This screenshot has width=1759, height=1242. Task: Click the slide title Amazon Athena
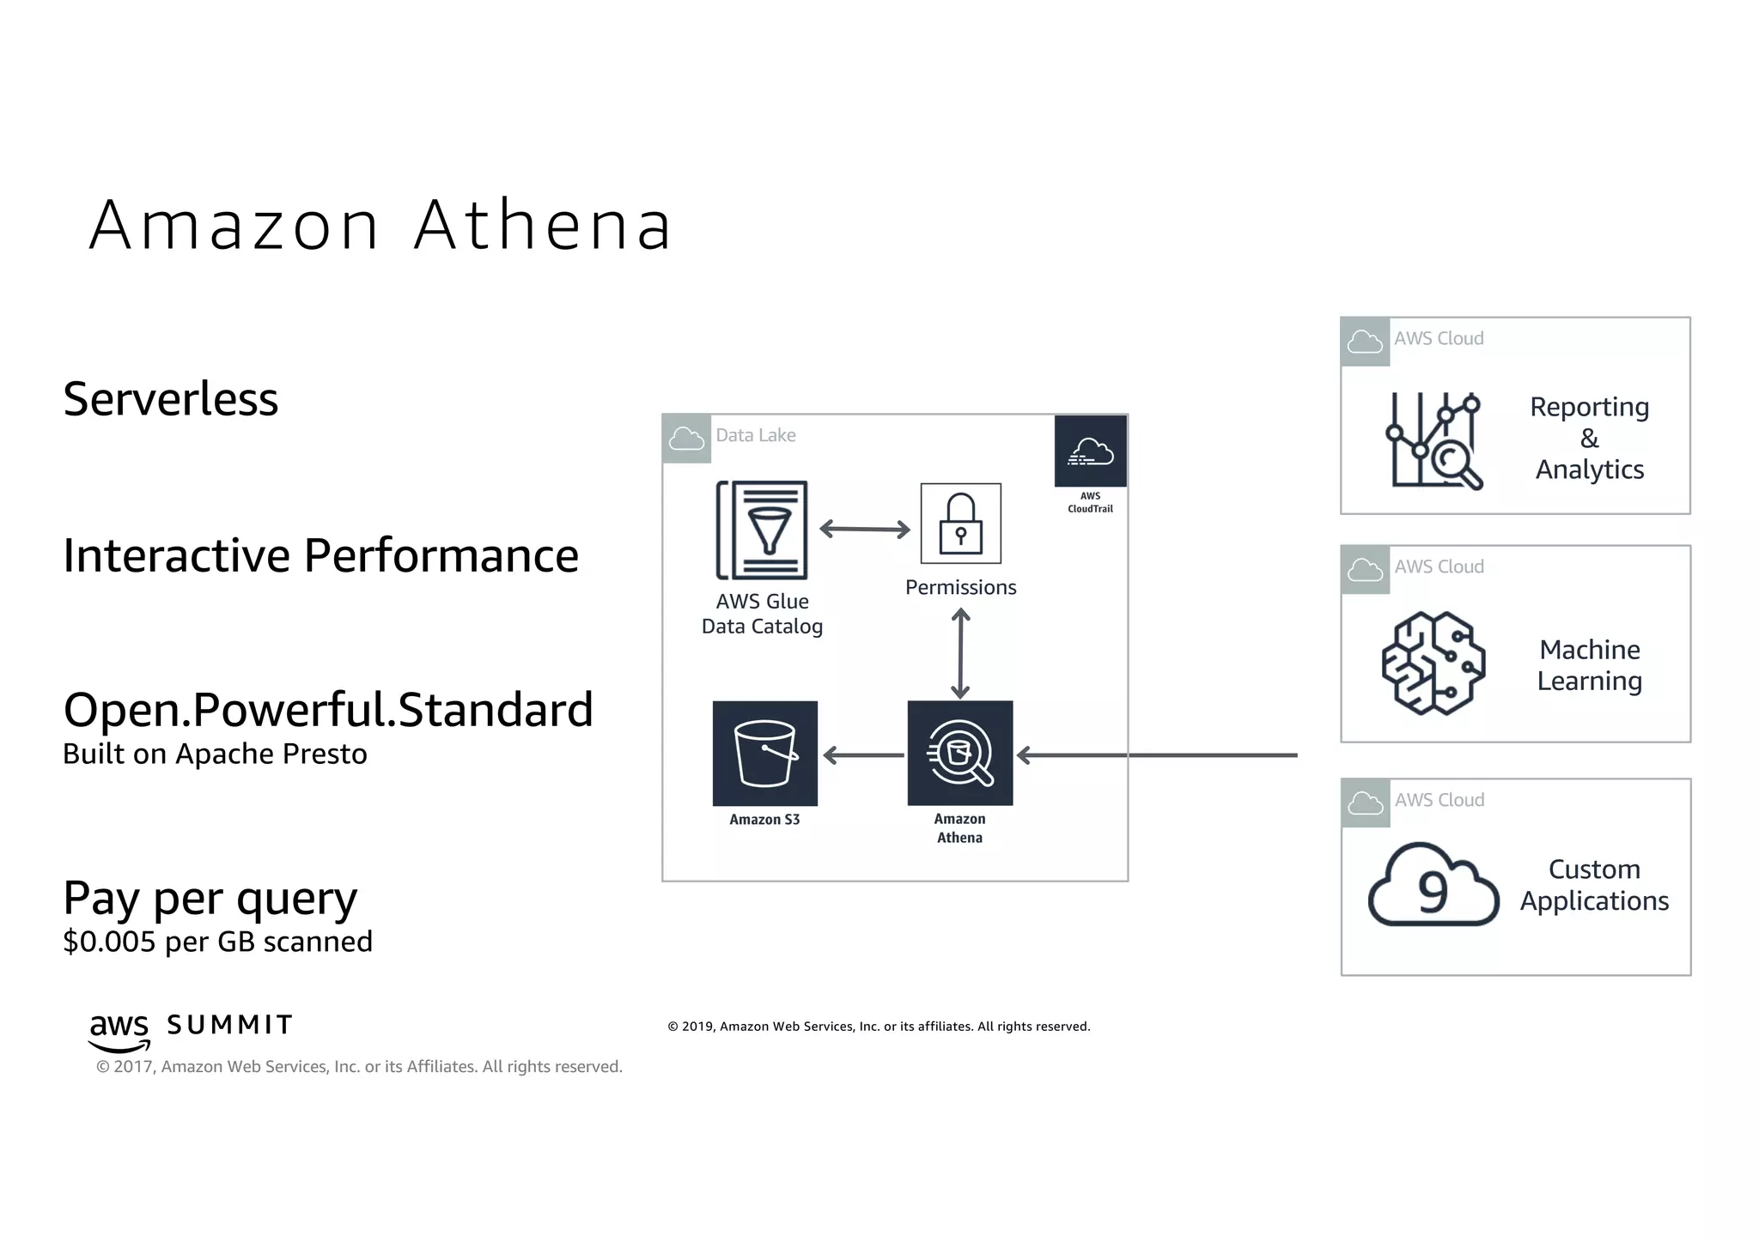(x=380, y=225)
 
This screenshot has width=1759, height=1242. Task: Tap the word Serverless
(x=171, y=399)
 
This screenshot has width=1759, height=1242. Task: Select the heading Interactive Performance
(x=320, y=555)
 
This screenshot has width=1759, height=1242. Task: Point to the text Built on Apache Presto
(x=215, y=754)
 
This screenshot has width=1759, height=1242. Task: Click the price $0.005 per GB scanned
(x=217, y=942)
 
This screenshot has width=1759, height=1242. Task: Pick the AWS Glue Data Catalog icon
(x=763, y=530)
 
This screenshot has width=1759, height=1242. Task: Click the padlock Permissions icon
(x=960, y=524)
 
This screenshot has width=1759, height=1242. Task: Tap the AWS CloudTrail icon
(x=1090, y=451)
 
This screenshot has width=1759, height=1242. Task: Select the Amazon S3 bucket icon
(x=764, y=754)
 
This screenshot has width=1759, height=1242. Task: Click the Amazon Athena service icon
(x=959, y=754)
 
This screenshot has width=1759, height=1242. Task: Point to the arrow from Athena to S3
(x=862, y=755)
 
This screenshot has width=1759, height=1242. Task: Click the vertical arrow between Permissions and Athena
(x=960, y=653)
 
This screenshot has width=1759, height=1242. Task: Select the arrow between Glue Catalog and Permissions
(x=864, y=529)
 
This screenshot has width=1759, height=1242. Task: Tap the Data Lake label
(x=756, y=435)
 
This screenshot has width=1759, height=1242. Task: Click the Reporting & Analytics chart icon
(x=1433, y=440)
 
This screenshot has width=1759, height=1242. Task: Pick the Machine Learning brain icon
(x=1433, y=663)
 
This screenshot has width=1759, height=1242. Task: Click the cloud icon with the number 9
(x=1433, y=887)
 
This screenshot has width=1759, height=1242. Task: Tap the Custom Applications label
(x=1594, y=885)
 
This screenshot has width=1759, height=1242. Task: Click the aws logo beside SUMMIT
(x=119, y=1031)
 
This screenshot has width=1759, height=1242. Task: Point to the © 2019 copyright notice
(x=879, y=1027)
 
